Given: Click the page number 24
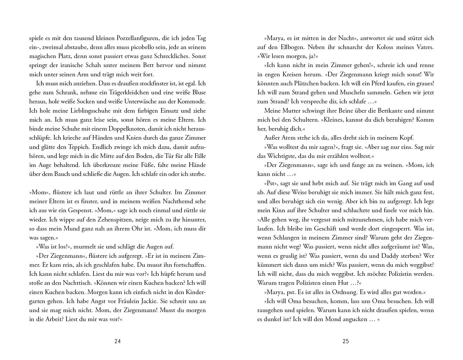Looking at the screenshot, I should point(117,341).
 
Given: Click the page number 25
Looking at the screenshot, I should point(346,341).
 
